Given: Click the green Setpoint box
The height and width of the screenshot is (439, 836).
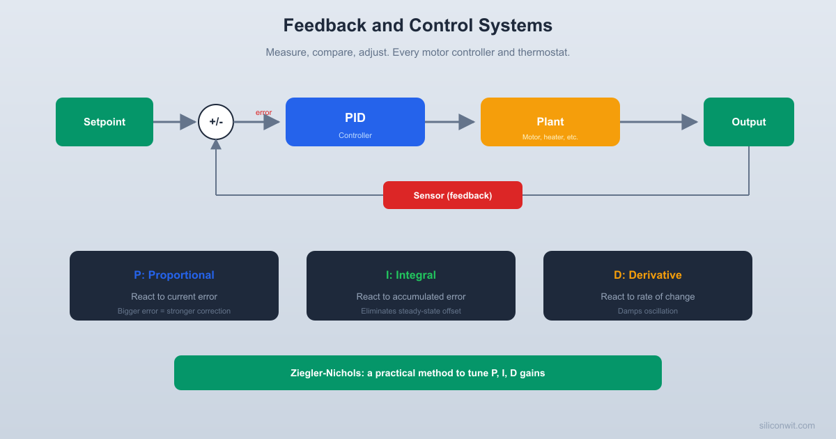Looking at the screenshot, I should click(x=104, y=122).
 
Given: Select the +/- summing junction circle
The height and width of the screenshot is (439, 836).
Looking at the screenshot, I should click(x=216, y=122).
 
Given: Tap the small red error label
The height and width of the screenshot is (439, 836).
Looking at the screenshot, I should click(x=263, y=112).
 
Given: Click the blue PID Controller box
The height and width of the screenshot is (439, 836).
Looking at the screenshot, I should click(x=355, y=122).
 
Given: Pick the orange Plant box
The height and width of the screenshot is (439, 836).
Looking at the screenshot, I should click(x=550, y=122).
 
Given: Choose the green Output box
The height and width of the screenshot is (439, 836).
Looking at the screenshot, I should click(x=749, y=122).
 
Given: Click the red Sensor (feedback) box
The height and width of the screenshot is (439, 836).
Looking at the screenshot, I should click(x=453, y=195).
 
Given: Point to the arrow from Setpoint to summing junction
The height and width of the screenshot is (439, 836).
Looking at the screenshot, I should click(x=175, y=122).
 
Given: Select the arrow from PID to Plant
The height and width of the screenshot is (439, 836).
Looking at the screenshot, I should click(x=450, y=122).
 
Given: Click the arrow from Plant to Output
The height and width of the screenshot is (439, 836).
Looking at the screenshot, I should click(x=658, y=122).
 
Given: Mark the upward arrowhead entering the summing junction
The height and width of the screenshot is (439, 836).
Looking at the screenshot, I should click(x=216, y=144).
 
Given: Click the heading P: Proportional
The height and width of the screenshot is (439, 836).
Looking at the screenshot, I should click(x=174, y=275).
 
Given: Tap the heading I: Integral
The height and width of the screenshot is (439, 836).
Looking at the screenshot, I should click(x=411, y=275).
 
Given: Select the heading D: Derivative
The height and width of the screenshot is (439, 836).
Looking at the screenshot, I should click(x=648, y=275).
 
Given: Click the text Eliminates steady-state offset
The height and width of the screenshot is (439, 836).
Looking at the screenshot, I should click(x=411, y=311).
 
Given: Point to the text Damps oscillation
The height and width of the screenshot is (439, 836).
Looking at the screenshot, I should click(x=648, y=311).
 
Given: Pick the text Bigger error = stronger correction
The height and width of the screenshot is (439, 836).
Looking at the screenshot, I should click(x=174, y=311).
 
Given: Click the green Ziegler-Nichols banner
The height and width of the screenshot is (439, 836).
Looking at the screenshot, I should click(x=418, y=373).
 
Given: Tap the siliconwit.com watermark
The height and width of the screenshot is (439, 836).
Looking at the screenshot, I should click(x=787, y=425).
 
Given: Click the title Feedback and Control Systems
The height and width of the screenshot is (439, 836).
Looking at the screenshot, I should click(x=418, y=26).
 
